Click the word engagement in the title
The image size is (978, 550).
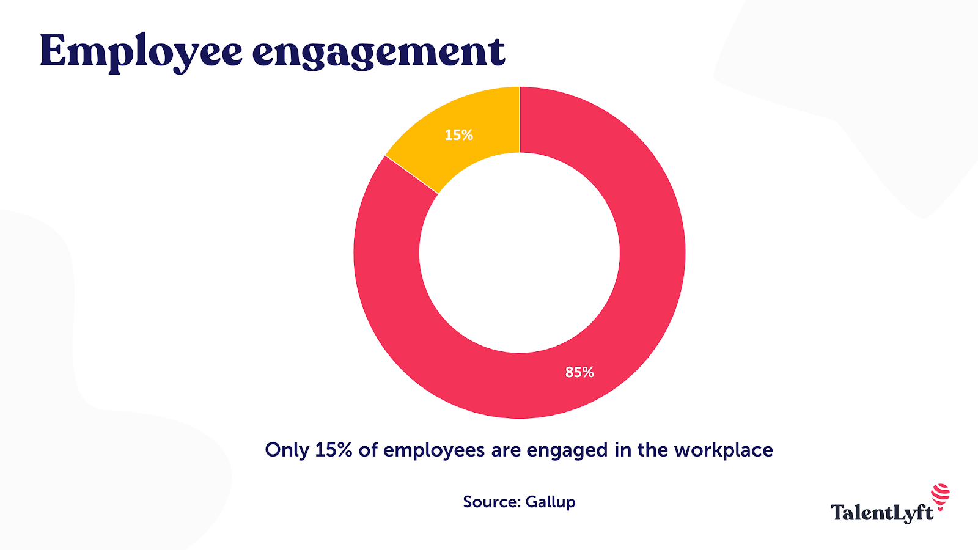pos(379,53)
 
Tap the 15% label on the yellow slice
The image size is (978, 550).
pos(459,135)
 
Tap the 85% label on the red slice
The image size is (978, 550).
pos(579,372)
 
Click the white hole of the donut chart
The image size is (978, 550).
pos(520,252)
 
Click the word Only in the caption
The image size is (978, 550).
pos(287,450)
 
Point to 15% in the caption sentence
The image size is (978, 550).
pos(334,450)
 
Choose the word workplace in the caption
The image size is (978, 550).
pos(724,450)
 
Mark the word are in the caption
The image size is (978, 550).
pos(506,450)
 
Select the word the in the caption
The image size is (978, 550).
pos(653,450)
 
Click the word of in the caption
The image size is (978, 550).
pos(368,450)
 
